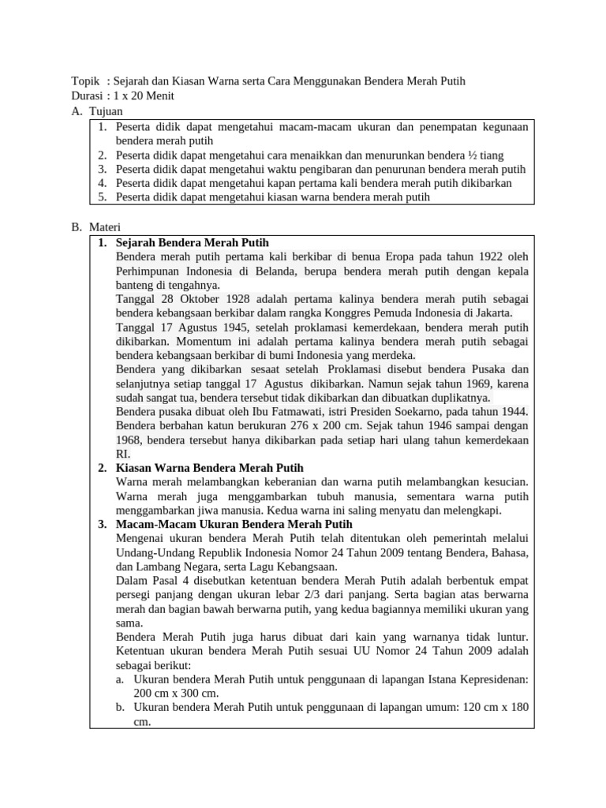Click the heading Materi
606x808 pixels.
[x=106, y=227]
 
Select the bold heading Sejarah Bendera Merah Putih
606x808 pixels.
[x=193, y=242]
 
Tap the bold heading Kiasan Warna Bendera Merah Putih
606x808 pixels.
[x=209, y=468]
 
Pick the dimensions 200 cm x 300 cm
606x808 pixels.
[x=175, y=693]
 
